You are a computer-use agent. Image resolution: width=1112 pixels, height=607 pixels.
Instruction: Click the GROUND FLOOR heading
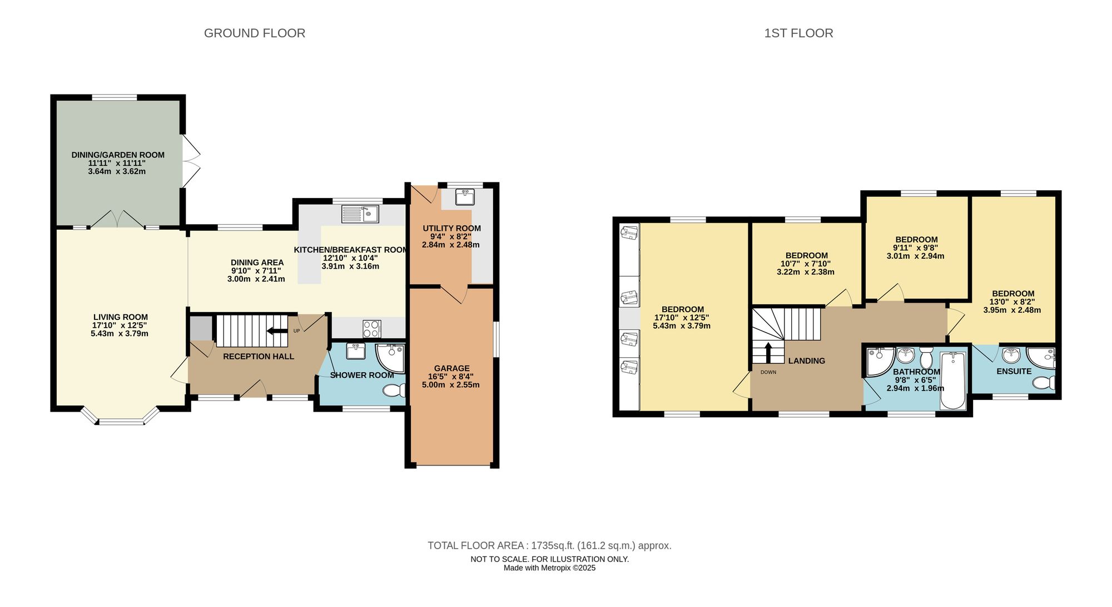click(x=254, y=33)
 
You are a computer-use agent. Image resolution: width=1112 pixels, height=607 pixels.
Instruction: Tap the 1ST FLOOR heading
click(x=798, y=33)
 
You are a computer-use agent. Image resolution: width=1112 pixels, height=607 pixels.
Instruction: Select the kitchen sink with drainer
click(x=360, y=214)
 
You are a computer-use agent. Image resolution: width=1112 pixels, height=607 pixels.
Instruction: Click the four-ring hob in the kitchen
click(x=372, y=329)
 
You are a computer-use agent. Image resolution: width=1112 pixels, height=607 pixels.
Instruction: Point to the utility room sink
click(x=464, y=197)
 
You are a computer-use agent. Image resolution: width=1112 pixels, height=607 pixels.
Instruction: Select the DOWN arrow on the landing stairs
click(x=768, y=352)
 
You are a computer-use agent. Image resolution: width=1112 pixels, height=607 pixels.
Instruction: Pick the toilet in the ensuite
click(x=1044, y=383)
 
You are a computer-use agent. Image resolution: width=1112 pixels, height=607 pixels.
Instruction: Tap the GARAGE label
click(x=451, y=368)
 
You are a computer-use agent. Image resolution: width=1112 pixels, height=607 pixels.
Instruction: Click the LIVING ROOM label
click(x=120, y=317)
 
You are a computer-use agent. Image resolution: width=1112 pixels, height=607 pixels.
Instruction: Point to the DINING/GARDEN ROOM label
click(x=118, y=155)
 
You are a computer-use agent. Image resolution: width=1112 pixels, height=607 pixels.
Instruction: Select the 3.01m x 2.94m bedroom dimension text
click(x=915, y=256)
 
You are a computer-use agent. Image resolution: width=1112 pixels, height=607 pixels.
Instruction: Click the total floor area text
click(x=549, y=546)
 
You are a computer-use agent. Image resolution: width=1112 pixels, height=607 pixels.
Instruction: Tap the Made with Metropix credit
click(x=549, y=568)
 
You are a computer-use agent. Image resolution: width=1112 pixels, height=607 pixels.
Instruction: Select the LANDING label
click(x=806, y=361)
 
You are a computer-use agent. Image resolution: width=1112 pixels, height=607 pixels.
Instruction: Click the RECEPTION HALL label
click(x=258, y=356)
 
